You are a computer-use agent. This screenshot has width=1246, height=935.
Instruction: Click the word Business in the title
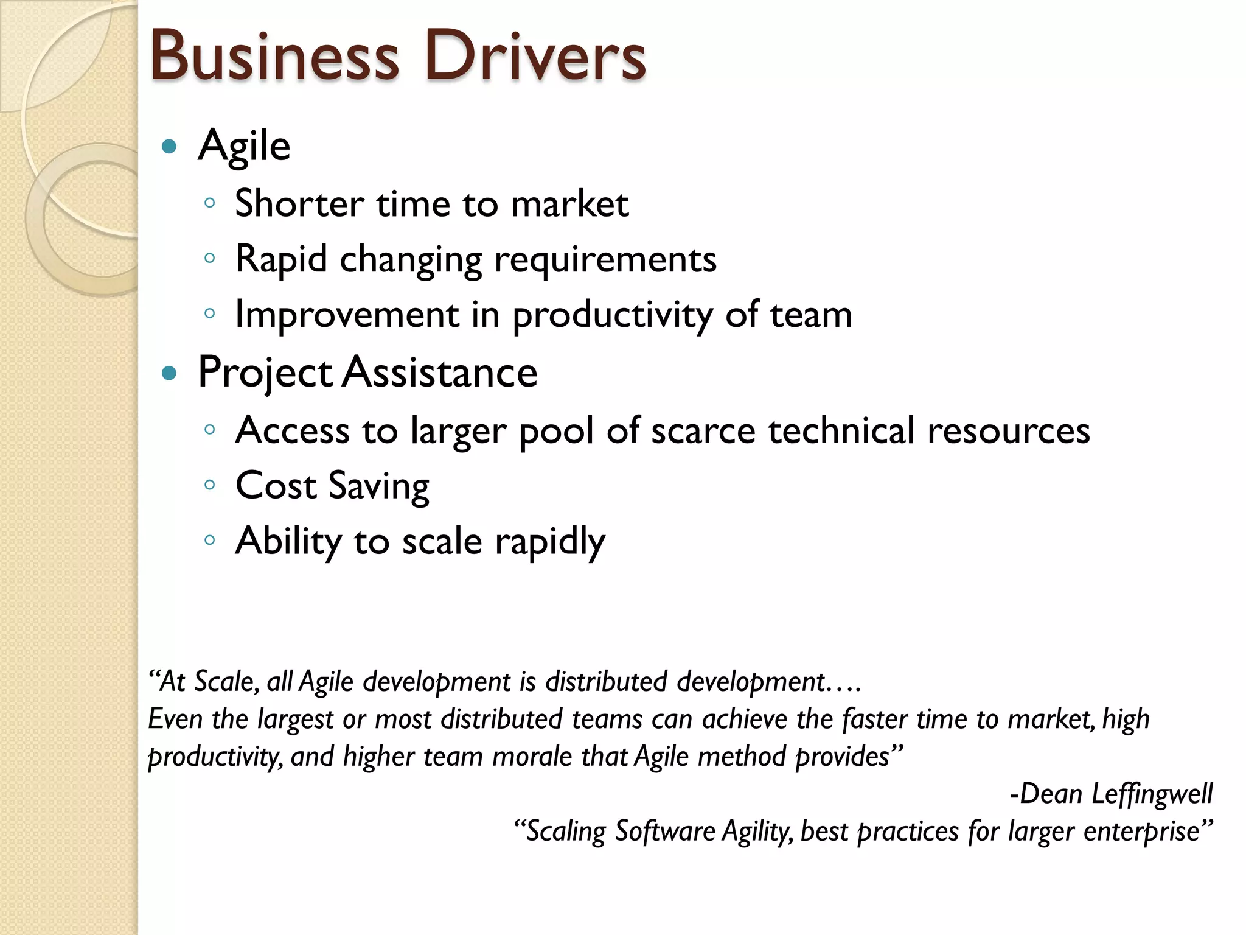click(x=274, y=56)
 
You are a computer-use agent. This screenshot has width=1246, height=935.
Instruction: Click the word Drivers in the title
click(x=535, y=56)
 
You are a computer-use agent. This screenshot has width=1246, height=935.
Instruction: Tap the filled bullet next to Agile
click(x=170, y=146)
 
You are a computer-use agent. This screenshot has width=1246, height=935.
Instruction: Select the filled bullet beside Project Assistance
click(x=170, y=373)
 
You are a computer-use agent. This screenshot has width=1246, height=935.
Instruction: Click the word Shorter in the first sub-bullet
click(x=299, y=203)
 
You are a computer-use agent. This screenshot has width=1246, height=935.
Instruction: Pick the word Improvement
click(x=347, y=315)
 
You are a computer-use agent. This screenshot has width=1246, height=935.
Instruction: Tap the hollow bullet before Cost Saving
click(x=210, y=485)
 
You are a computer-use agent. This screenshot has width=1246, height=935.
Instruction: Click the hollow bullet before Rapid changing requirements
click(x=210, y=258)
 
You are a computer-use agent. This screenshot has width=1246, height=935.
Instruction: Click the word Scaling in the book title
click(x=566, y=832)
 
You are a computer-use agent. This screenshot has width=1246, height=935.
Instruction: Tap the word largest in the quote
click(x=296, y=720)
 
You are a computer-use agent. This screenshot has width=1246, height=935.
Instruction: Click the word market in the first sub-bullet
click(x=569, y=203)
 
